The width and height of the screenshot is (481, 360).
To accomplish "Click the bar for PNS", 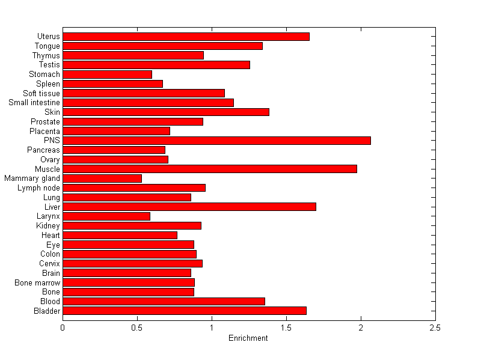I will [216, 141].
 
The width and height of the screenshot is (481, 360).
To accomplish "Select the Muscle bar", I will [210, 169].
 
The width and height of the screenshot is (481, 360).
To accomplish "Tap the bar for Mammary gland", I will [102, 178].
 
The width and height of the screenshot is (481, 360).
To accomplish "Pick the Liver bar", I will [189, 207].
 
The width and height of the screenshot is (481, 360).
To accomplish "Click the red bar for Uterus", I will [186, 37].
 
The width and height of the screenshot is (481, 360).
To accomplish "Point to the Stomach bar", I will [107, 75].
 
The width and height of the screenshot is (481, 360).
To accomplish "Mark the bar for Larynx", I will [106, 216].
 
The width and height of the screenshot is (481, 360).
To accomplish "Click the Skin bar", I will [166, 112].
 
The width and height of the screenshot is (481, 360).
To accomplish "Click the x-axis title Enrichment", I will [248, 338].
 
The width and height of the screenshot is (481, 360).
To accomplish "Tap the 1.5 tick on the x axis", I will [286, 328].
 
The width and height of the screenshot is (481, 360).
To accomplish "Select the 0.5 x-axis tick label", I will [137, 328].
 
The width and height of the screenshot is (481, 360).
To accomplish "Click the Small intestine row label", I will [34, 103].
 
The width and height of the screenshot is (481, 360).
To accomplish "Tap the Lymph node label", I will [39, 188].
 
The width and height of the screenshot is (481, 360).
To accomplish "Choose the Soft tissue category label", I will [41, 93].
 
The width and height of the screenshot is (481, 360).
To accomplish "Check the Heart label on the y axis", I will [51, 235].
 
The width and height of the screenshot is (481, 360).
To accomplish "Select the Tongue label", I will [47, 46].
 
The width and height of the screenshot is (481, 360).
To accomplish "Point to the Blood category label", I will [50, 301].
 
